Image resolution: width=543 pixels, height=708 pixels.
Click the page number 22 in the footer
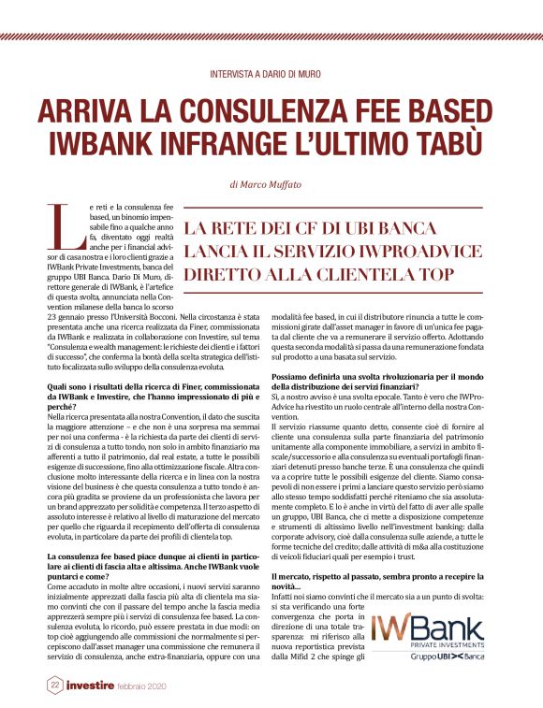pos(55,686)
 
